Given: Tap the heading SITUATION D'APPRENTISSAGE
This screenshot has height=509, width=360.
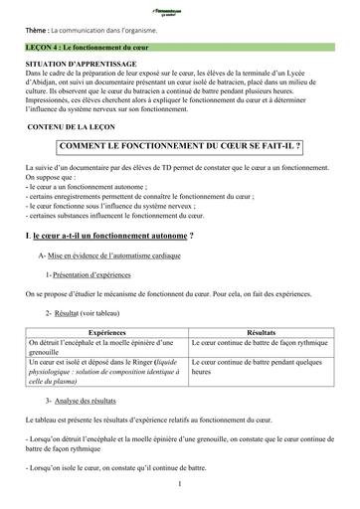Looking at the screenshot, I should [x=82, y=63].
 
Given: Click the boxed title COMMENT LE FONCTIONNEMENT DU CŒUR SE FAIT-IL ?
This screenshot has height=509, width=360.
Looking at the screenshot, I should [x=180, y=146].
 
